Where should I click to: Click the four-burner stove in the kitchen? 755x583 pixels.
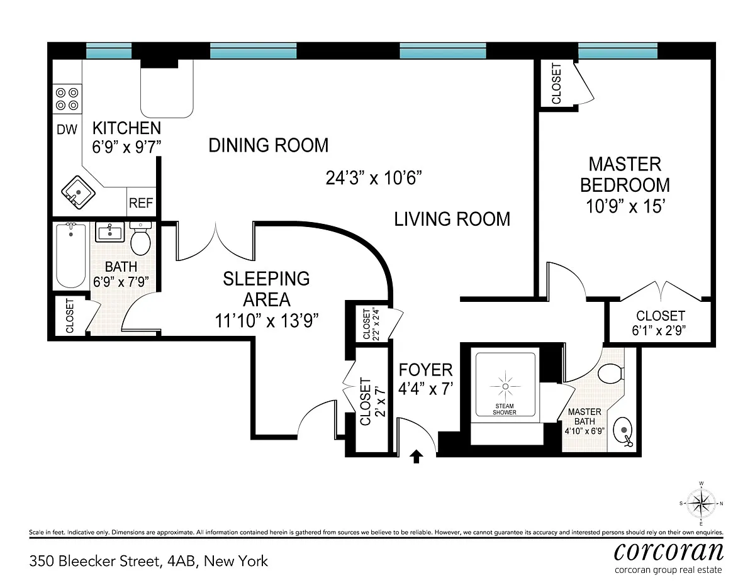67,99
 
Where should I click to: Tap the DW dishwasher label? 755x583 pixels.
67,130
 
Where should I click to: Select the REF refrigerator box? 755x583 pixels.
141,202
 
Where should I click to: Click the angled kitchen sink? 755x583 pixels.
78,192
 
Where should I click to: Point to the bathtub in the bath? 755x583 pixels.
71,255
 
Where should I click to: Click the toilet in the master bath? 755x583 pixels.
611,374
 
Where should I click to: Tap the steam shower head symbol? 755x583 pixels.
505,386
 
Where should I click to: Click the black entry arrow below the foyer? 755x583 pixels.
417,457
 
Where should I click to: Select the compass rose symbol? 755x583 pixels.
701,504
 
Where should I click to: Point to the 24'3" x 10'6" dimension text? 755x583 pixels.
374,178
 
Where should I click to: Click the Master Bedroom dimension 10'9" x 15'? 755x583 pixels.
625,206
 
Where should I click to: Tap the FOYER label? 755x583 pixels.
425,370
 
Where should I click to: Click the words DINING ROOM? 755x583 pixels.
268,145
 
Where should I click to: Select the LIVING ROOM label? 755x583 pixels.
452,219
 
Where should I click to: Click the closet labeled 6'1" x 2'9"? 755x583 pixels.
659,321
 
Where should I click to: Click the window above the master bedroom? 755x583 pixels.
618,51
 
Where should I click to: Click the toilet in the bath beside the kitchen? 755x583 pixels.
140,238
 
